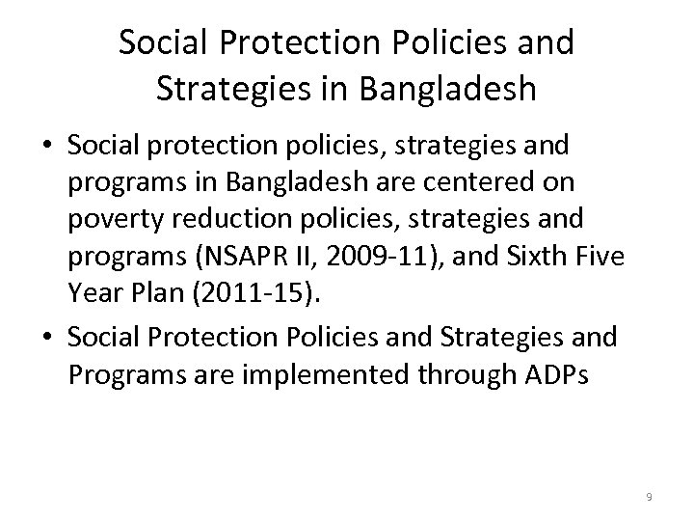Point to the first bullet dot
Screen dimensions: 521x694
pyautogui.click(x=45, y=147)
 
